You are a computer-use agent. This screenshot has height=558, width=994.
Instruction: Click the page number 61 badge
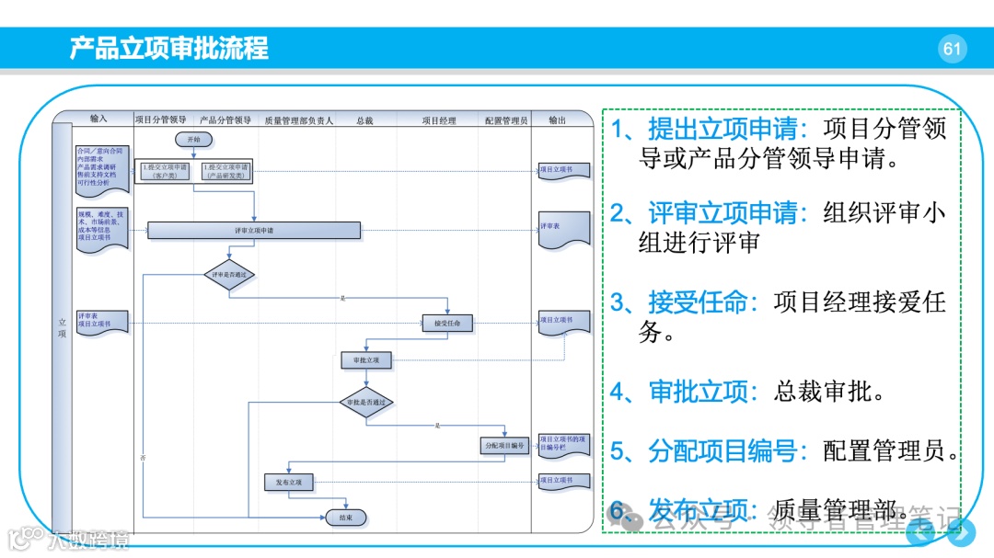coord(952,49)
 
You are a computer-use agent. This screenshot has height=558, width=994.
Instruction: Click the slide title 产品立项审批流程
coord(169,48)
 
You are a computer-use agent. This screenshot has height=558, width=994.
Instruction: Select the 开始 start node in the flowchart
coord(193,140)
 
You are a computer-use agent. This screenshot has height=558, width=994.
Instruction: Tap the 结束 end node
coord(346,518)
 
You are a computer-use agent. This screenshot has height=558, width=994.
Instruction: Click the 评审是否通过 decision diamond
coord(228,274)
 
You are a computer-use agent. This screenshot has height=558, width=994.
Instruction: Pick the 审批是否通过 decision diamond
coord(365,403)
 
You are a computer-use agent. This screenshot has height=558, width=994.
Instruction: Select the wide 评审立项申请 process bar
coord(253,231)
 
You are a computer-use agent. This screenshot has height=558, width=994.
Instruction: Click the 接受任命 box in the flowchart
coord(447,323)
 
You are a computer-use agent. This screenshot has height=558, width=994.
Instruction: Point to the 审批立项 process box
coord(365,361)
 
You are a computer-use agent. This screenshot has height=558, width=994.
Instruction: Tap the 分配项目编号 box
coord(504,446)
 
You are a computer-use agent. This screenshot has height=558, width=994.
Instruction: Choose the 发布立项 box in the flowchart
coord(288,482)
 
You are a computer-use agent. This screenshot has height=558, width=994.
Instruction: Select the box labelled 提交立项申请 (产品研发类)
coord(225,170)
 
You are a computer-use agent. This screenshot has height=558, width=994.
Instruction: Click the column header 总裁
coord(364,120)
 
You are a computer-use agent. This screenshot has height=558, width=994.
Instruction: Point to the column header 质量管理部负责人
coord(298,120)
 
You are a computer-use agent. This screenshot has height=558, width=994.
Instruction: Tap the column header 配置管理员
coord(506,120)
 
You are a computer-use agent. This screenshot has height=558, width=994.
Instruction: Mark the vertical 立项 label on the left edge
coord(62,327)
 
